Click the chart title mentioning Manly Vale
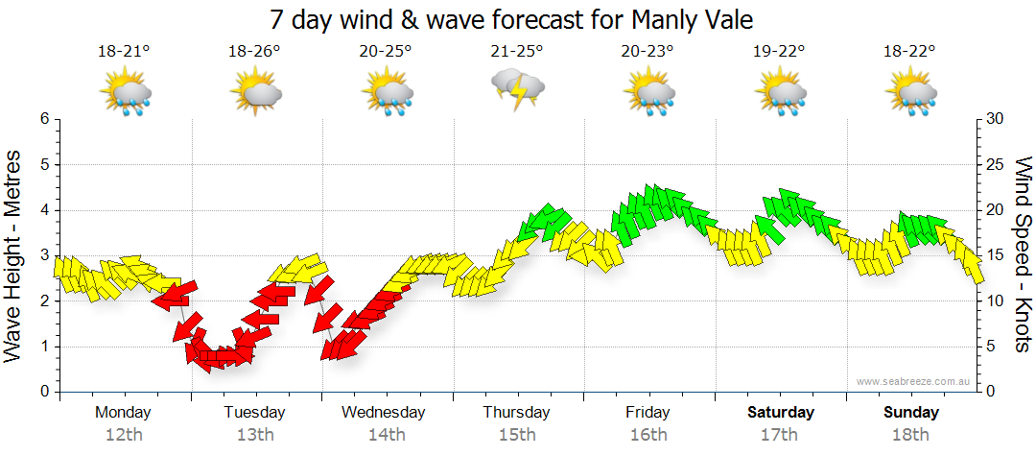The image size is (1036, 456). pos(510,18)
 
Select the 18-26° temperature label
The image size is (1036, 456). pos(254,51)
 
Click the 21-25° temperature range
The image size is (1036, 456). pos(517,51)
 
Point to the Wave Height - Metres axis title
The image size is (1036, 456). pos(14,255)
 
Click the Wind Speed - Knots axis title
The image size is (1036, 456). pos(1023,255)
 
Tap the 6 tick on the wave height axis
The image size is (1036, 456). pos(44,119)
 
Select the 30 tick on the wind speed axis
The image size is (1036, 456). pos(996,119)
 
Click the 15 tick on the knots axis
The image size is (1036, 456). pos(995,255)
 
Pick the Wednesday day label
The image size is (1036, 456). pos(384,413)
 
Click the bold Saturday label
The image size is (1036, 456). pos(781,413)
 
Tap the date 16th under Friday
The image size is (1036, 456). pos(648,434)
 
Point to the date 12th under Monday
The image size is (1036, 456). pos(123,434)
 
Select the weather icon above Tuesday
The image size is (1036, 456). pos(255,93)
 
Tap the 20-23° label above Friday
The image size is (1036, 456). pos(647,51)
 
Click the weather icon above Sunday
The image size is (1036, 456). pos(912,93)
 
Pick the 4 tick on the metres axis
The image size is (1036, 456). pos(44,210)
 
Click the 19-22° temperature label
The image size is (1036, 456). pos(779,51)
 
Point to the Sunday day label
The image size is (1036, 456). pos(911,413)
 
